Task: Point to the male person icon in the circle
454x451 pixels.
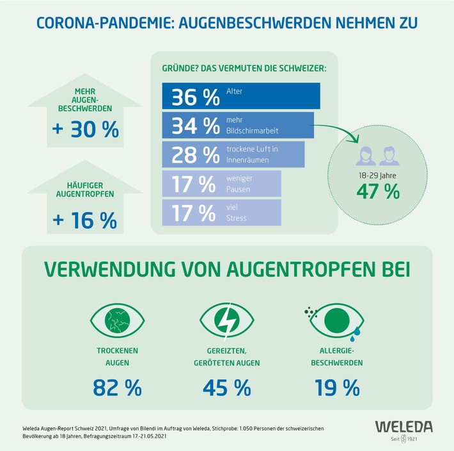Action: [385, 154]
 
